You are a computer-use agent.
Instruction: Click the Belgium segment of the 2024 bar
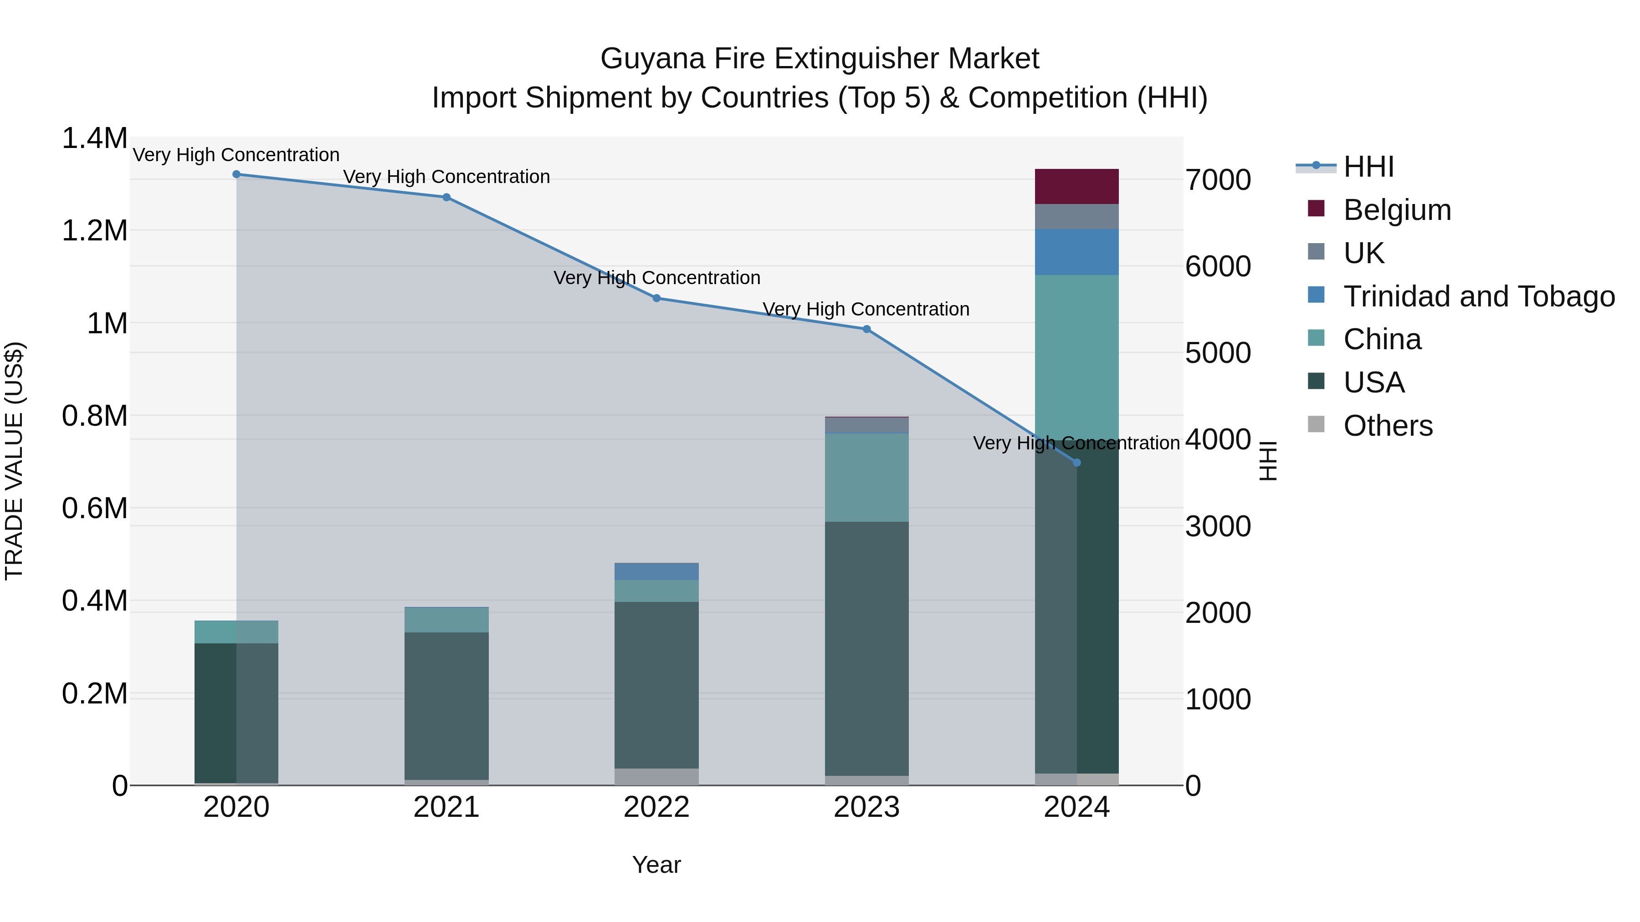1076,186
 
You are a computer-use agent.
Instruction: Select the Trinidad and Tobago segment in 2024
1076,252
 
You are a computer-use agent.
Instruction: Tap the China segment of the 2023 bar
866,477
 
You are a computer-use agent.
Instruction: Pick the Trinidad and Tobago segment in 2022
656,571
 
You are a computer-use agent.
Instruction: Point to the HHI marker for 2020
236,174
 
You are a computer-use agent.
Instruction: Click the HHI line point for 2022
656,298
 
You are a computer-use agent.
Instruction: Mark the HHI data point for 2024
1076,463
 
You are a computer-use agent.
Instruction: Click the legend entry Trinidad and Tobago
1478,296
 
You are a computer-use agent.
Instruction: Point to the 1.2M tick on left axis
94,230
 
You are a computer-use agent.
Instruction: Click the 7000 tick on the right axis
1217,179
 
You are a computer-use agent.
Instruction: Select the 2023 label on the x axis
866,807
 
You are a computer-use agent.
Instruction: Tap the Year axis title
656,864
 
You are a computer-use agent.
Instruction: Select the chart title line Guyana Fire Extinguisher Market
820,59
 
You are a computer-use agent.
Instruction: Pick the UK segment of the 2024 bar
1076,216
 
